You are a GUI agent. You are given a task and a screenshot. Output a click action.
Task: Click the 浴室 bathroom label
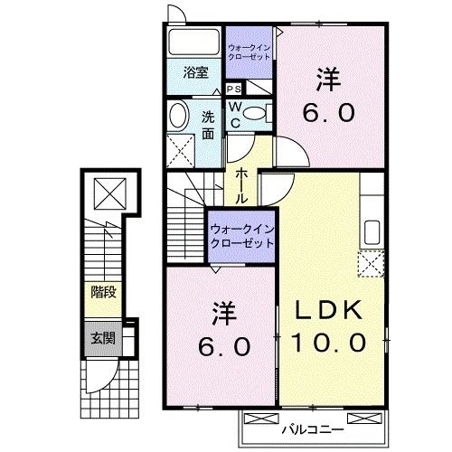click(196, 72)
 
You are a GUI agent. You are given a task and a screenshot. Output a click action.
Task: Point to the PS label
click(233, 89)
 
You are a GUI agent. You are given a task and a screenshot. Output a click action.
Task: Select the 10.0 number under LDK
click(329, 343)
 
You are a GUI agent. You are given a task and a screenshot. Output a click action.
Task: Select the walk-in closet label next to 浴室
click(249, 51)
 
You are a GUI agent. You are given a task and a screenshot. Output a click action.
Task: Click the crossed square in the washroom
click(182, 147)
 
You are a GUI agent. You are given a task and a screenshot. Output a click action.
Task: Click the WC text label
click(233, 115)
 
